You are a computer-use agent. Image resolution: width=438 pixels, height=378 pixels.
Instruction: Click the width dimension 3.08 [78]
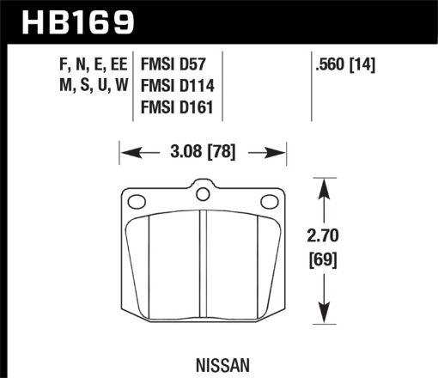(x=201, y=155)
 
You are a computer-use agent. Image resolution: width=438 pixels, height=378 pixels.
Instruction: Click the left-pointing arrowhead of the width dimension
(x=125, y=155)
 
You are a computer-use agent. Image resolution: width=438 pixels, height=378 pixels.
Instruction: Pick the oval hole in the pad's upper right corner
(x=267, y=204)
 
